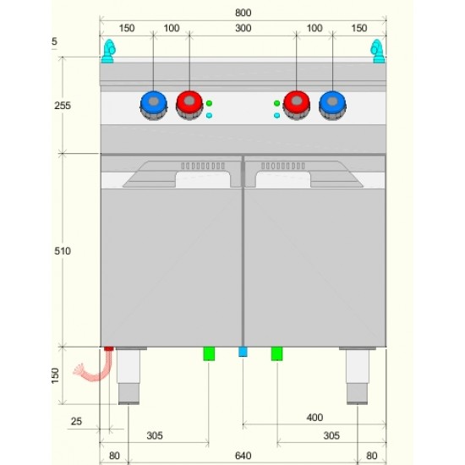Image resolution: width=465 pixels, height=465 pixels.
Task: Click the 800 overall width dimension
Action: click(x=243, y=13)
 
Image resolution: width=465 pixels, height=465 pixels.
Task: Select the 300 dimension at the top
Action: click(x=243, y=28)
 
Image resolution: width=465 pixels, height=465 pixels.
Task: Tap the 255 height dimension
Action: click(x=63, y=106)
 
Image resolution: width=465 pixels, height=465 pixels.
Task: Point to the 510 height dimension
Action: click(x=63, y=251)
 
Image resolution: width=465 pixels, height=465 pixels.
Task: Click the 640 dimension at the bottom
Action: click(x=243, y=456)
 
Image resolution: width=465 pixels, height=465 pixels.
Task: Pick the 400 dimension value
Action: click(x=315, y=418)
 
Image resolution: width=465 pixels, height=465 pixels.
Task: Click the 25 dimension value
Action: click(x=76, y=421)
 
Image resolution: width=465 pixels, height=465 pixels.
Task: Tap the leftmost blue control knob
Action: click(x=154, y=105)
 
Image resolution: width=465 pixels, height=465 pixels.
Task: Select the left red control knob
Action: click(x=189, y=105)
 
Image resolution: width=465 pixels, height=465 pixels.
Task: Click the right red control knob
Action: click(x=297, y=105)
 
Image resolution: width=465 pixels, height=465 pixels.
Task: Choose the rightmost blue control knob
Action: click(x=332, y=105)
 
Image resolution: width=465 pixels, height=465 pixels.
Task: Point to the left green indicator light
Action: click(x=209, y=103)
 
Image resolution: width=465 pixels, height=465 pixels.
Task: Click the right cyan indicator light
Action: click(x=277, y=115)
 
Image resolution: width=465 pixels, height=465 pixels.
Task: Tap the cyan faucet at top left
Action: click(x=108, y=52)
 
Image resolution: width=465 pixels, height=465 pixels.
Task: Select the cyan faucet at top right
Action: click(x=378, y=52)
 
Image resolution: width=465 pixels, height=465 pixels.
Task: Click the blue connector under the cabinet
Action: click(x=243, y=352)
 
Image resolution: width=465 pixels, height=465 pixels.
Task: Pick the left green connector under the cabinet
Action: click(x=209, y=353)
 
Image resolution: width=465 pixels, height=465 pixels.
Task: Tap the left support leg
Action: click(x=129, y=375)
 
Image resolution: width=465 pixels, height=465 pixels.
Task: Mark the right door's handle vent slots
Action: click(x=283, y=166)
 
